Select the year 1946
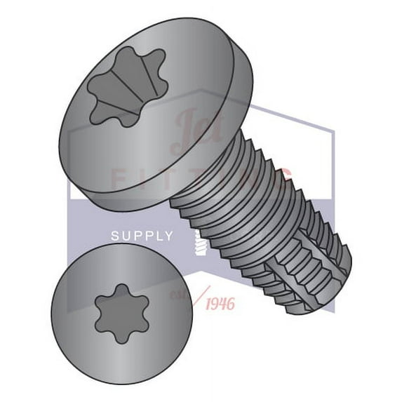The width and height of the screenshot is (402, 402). [220, 303]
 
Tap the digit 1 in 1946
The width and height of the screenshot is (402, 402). [208, 303]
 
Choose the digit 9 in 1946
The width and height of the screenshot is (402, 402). [215, 303]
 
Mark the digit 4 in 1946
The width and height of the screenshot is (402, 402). [223, 303]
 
